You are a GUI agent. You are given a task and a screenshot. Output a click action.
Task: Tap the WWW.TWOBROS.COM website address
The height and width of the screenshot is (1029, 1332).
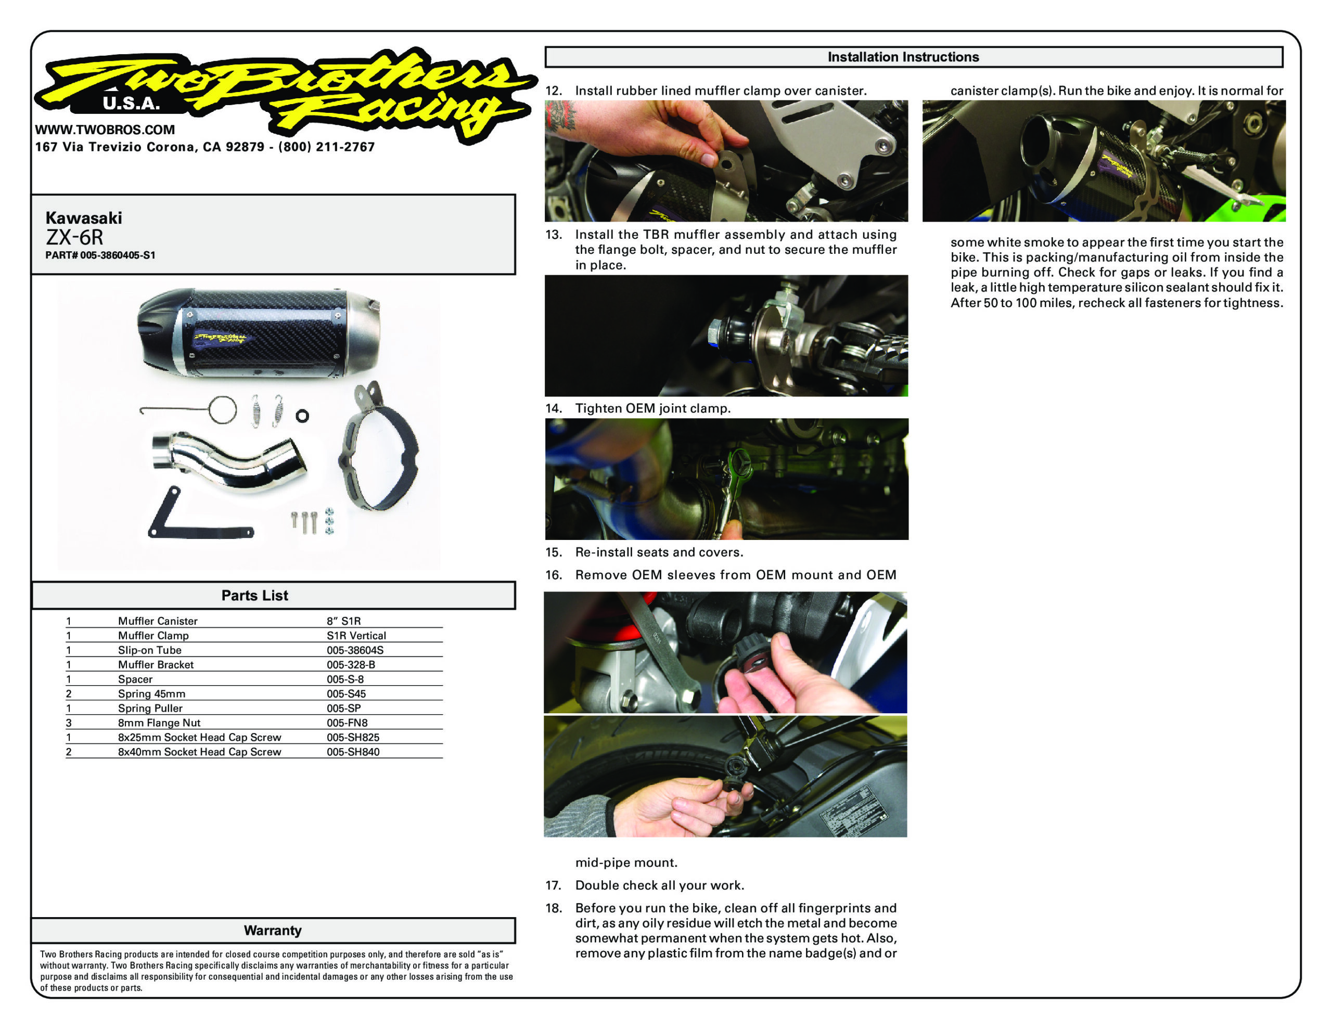(x=105, y=130)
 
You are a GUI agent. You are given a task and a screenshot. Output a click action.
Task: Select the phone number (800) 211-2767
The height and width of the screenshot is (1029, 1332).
(x=326, y=147)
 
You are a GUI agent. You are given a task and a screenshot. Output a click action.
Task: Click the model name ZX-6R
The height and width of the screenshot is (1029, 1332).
(x=74, y=237)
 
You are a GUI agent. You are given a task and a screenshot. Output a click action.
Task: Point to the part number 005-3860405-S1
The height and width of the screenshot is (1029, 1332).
(x=117, y=255)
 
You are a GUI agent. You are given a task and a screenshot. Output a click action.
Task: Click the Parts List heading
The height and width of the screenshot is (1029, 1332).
(x=254, y=595)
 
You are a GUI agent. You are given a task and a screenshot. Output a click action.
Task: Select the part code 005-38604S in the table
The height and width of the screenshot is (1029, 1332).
(x=354, y=650)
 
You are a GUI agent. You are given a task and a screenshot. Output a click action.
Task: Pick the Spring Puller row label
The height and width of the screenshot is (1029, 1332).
(x=150, y=708)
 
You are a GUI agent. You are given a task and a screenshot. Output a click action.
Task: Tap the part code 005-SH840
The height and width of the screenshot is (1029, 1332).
(x=353, y=752)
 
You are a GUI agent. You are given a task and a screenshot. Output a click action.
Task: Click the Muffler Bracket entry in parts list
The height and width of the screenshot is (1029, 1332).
(x=156, y=665)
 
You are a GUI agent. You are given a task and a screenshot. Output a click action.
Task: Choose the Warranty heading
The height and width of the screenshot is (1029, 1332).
(x=272, y=930)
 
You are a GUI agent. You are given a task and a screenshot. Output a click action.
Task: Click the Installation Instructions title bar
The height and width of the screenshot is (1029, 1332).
(x=903, y=57)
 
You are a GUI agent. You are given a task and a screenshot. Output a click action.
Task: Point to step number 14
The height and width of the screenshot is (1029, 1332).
(x=553, y=409)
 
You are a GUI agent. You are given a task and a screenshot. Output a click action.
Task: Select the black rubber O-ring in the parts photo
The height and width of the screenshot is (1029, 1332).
(x=302, y=416)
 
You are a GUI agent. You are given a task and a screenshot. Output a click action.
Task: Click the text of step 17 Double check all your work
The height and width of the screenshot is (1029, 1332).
(x=659, y=885)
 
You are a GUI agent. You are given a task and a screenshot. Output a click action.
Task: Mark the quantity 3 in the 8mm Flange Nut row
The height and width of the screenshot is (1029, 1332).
(x=69, y=723)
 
